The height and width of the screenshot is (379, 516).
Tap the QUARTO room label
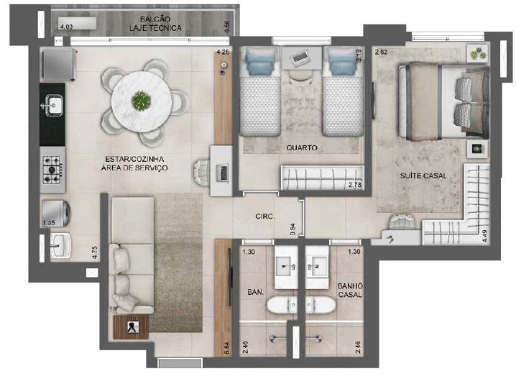pyautogui.click(x=301, y=147)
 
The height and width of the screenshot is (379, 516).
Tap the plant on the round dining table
pyautogui.click(x=142, y=101)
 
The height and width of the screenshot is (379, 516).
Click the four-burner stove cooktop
pyautogui.click(x=52, y=169)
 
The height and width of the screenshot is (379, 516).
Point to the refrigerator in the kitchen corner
pyautogui.click(x=57, y=64)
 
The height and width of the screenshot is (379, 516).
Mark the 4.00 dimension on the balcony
pyautogui.click(x=66, y=27)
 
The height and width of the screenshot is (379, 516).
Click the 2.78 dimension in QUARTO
pyautogui.click(x=354, y=186)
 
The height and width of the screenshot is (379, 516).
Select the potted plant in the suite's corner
pyautogui.click(x=476, y=52)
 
